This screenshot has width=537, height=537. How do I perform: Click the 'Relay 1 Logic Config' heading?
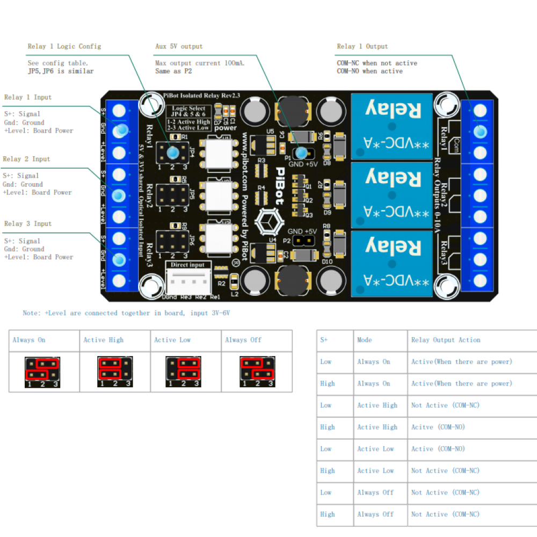(x=64, y=46)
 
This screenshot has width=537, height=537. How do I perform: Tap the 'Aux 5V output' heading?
(x=179, y=46)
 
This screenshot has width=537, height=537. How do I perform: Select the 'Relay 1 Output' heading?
(x=362, y=46)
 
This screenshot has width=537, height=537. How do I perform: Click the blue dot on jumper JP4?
(x=173, y=153)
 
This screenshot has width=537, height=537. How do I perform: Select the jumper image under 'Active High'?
(x=115, y=372)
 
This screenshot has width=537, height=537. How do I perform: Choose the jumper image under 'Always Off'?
(x=257, y=372)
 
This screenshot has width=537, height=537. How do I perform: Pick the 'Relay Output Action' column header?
(x=445, y=340)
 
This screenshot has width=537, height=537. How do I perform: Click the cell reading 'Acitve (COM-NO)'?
(x=438, y=427)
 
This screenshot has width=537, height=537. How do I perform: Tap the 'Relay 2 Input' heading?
(x=26, y=159)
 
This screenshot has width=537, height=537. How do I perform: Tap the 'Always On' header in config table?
(x=29, y=340)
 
